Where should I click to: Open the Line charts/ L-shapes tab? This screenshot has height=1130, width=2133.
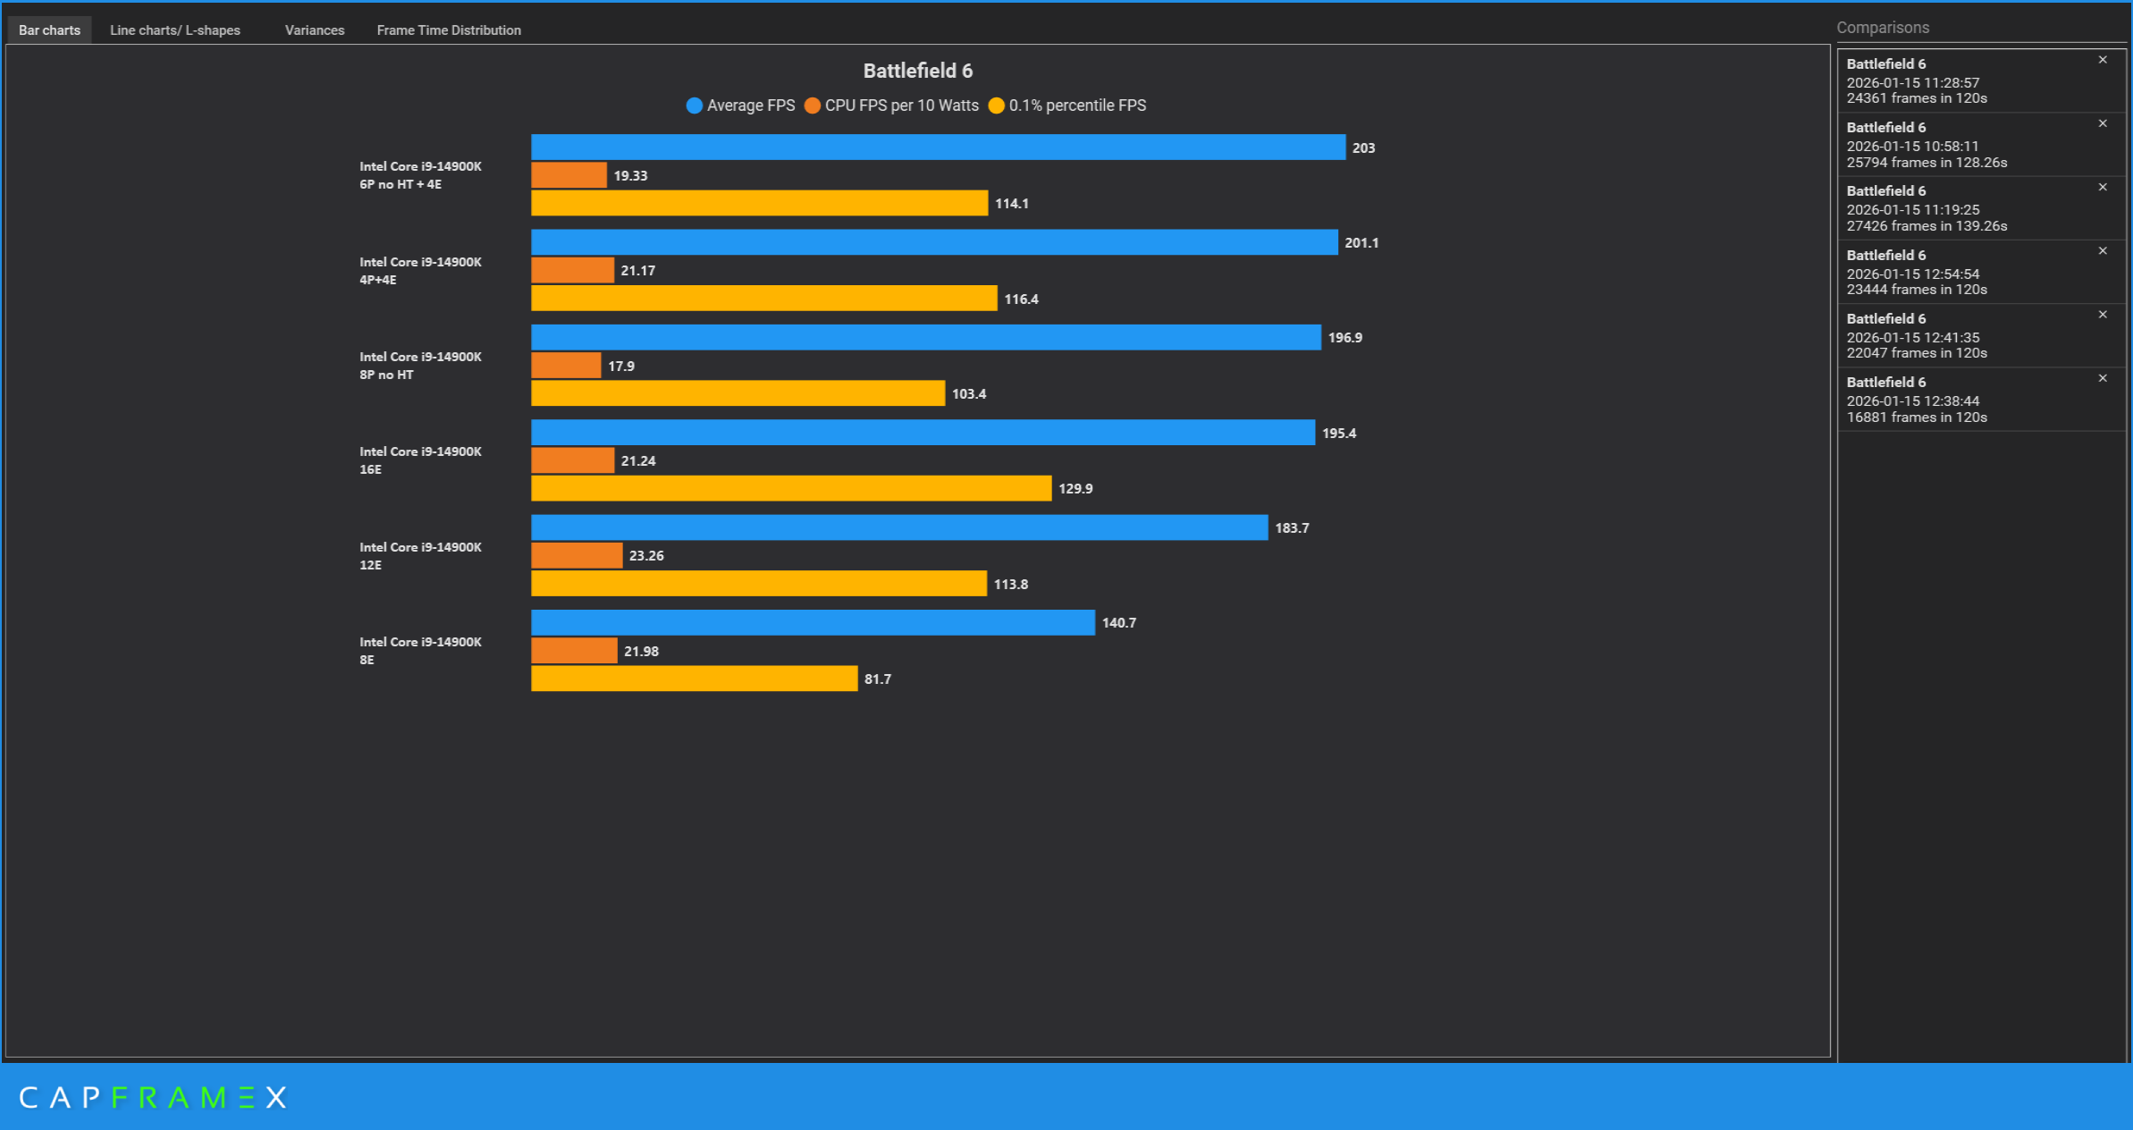tap(174, 30)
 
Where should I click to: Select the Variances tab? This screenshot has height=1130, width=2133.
tap(314, 30)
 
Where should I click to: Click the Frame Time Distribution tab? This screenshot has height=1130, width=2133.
tap(448, 30)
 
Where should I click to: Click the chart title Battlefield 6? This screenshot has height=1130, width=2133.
tap(917, 71)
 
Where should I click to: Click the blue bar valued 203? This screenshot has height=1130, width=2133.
tap(938, 148)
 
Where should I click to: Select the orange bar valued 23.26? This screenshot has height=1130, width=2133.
tap(577, 555)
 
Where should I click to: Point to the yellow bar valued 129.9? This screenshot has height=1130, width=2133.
tap(791, 488)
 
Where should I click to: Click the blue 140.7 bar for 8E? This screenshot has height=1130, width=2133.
tap(813, 622)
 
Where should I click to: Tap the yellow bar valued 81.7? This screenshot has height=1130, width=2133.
tap(694, 679)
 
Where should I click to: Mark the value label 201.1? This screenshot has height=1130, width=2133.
tap(1361, 243)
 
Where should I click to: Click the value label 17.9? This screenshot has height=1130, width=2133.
tap(621, 367)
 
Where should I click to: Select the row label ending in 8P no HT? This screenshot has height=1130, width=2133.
tap(420, 366)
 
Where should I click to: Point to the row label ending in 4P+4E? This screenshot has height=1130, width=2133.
tap(420, 271)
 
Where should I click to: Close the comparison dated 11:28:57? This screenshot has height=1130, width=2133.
tap(2103, 60)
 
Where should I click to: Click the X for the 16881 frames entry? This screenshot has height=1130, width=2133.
tap(2103, 378)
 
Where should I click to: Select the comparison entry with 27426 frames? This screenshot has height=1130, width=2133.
tap(1967, 208)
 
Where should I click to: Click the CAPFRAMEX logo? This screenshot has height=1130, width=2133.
tap(153, 1098)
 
